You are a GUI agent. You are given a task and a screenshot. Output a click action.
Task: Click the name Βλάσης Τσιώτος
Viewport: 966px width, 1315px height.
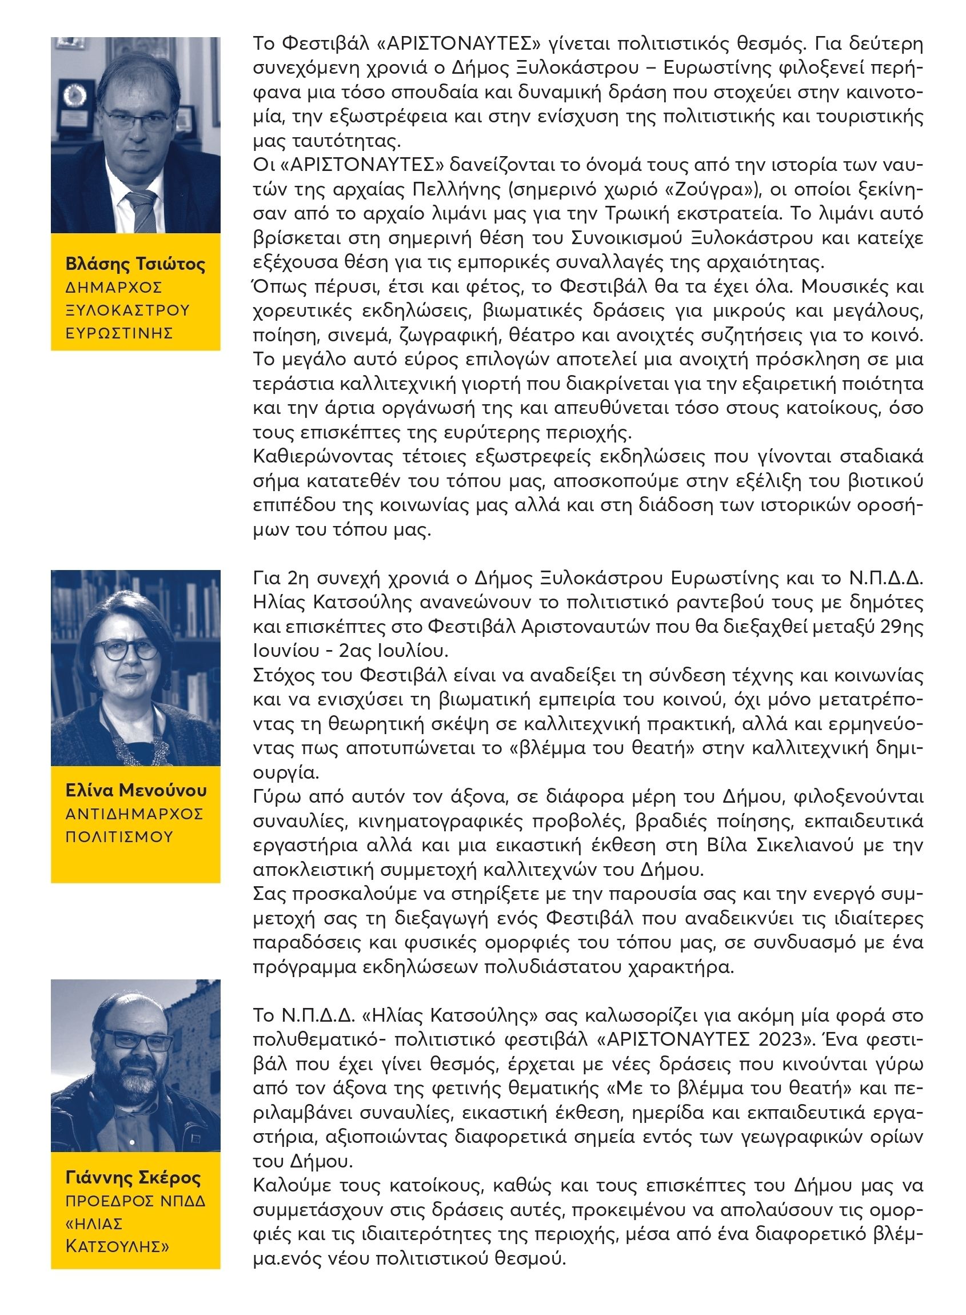tap(135, 264)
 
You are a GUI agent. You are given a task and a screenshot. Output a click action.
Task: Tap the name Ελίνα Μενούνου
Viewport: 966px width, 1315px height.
tap(135, 791)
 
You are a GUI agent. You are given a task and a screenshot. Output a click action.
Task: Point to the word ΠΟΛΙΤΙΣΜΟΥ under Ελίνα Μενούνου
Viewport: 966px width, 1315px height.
tap(119, 836)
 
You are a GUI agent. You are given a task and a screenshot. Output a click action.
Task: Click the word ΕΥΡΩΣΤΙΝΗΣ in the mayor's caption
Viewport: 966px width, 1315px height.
tap(119, 333)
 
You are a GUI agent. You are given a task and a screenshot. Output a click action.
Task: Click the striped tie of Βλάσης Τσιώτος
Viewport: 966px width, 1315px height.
tap(142, 210)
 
